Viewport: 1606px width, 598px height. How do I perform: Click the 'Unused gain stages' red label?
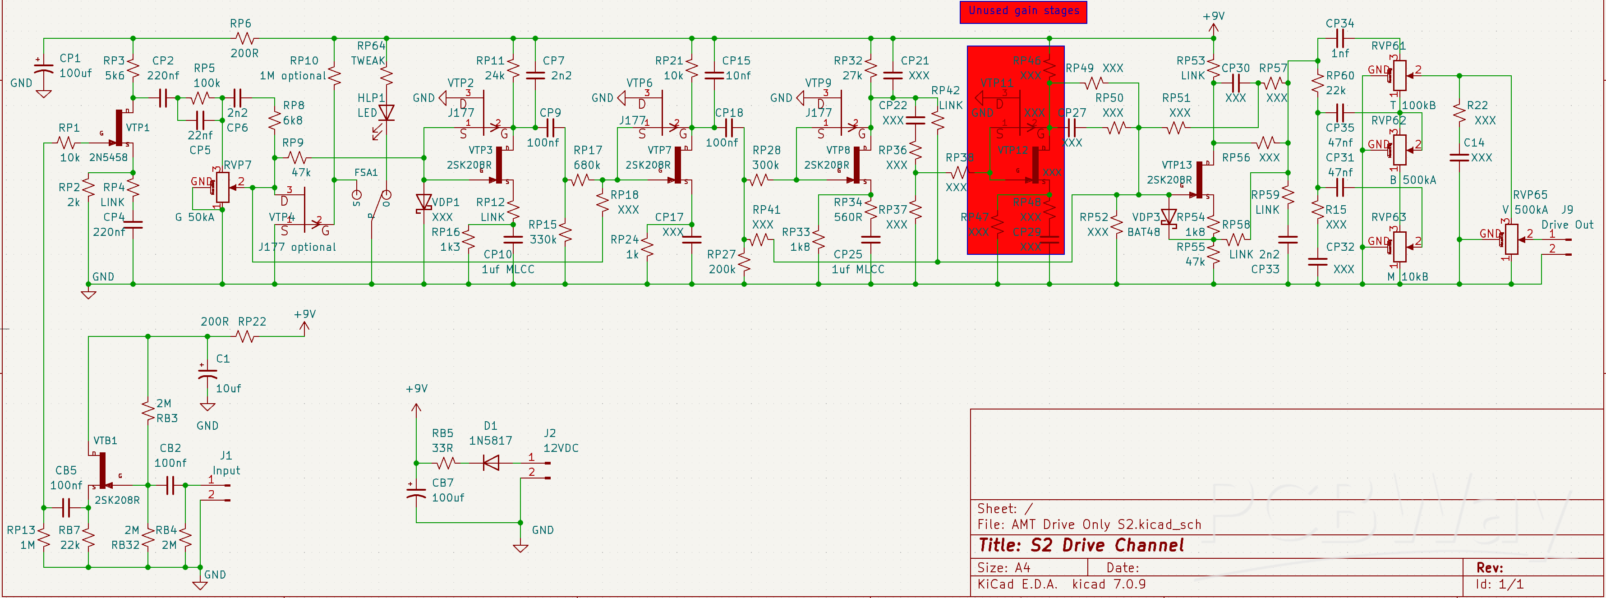coord(1023,11)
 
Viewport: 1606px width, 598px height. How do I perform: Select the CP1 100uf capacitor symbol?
coord(43,72)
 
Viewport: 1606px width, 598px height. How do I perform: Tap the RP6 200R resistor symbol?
coord(244,39)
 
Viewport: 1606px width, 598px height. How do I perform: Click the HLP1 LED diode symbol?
coord(387,113)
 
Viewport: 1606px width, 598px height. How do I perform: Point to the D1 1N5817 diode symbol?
coord(491,463)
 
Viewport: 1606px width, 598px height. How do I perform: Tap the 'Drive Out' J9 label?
coord(1567,225)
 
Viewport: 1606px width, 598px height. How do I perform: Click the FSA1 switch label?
coord(365,173)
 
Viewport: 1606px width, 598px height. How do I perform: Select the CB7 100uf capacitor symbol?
coord(416,492)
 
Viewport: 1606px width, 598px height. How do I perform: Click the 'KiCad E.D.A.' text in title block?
coord(1017,584)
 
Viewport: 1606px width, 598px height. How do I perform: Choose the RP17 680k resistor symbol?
coord(581,180)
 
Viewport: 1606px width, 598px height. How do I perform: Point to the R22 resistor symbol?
coord(1459,113)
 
